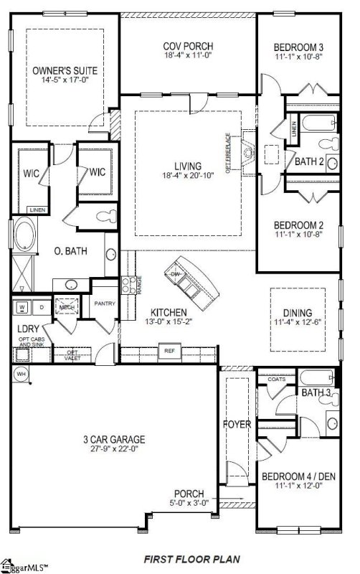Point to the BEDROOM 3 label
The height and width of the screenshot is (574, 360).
(299, 48)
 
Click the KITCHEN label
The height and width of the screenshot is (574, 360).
(169, 313)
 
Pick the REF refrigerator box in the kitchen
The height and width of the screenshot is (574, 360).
(170, 352)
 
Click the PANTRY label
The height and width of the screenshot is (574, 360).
(105, 304)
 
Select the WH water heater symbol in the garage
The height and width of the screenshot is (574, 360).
(21, 374)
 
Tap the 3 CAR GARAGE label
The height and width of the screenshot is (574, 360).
(115, 439)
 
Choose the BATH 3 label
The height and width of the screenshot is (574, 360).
(316, 392)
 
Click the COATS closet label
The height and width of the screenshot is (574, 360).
(276, 380)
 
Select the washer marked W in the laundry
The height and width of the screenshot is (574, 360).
(22, 307)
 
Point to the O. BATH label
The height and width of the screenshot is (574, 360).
(72, 251)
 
